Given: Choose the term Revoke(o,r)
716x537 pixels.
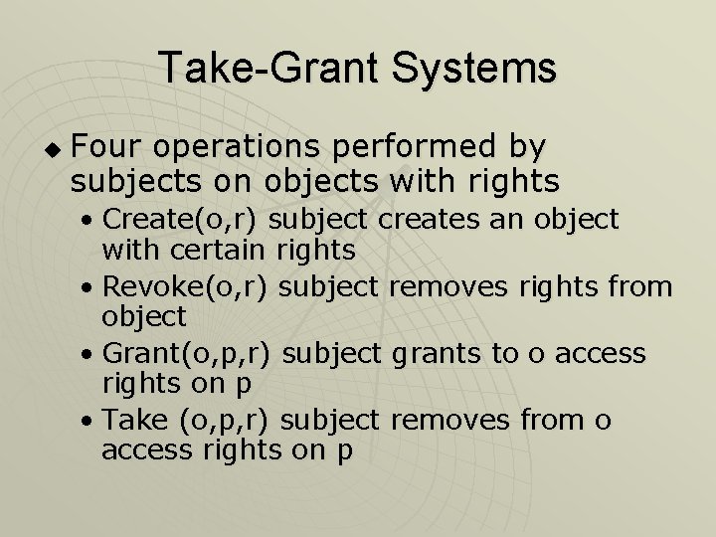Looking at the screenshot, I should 187,286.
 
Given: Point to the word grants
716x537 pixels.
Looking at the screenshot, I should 442,353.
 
